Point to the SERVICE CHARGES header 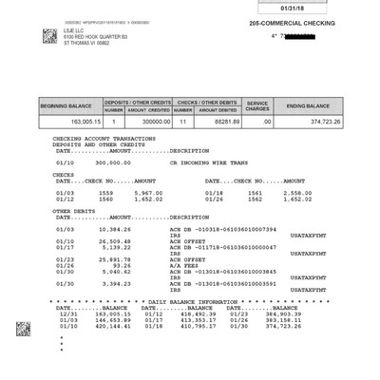tap(256, 102)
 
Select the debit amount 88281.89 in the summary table tap(219, 121)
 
